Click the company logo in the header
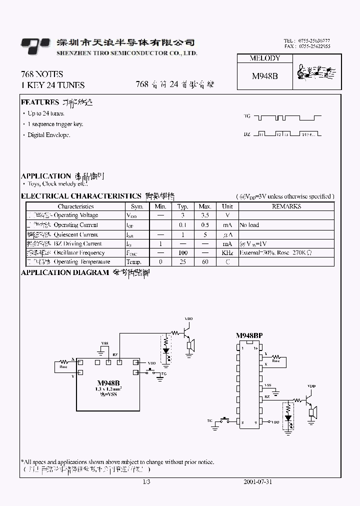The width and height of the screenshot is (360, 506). click(x=35, y=45)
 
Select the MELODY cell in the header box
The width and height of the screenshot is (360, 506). click(x=264, y=58)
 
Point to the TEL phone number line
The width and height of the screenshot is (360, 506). click(x=306, y=40)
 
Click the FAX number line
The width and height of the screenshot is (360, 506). click(x=306, y=46)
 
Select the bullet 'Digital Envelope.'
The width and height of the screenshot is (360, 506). click(x=48, y=135)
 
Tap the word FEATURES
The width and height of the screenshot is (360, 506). click(x=40, y=102)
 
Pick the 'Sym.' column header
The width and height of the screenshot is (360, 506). click(x=137, y=206)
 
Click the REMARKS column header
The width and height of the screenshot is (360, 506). click(x=286, y=206)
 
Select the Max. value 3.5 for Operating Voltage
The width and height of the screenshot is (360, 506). click(x=205, y=215)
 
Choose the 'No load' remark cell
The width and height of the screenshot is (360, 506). click(x=249, y=225)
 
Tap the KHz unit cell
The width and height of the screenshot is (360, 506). click(x=227, y=253)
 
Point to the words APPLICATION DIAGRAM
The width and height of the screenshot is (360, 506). click(x=65, y=272)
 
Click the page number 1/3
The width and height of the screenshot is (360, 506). click(x=146, y=482)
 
